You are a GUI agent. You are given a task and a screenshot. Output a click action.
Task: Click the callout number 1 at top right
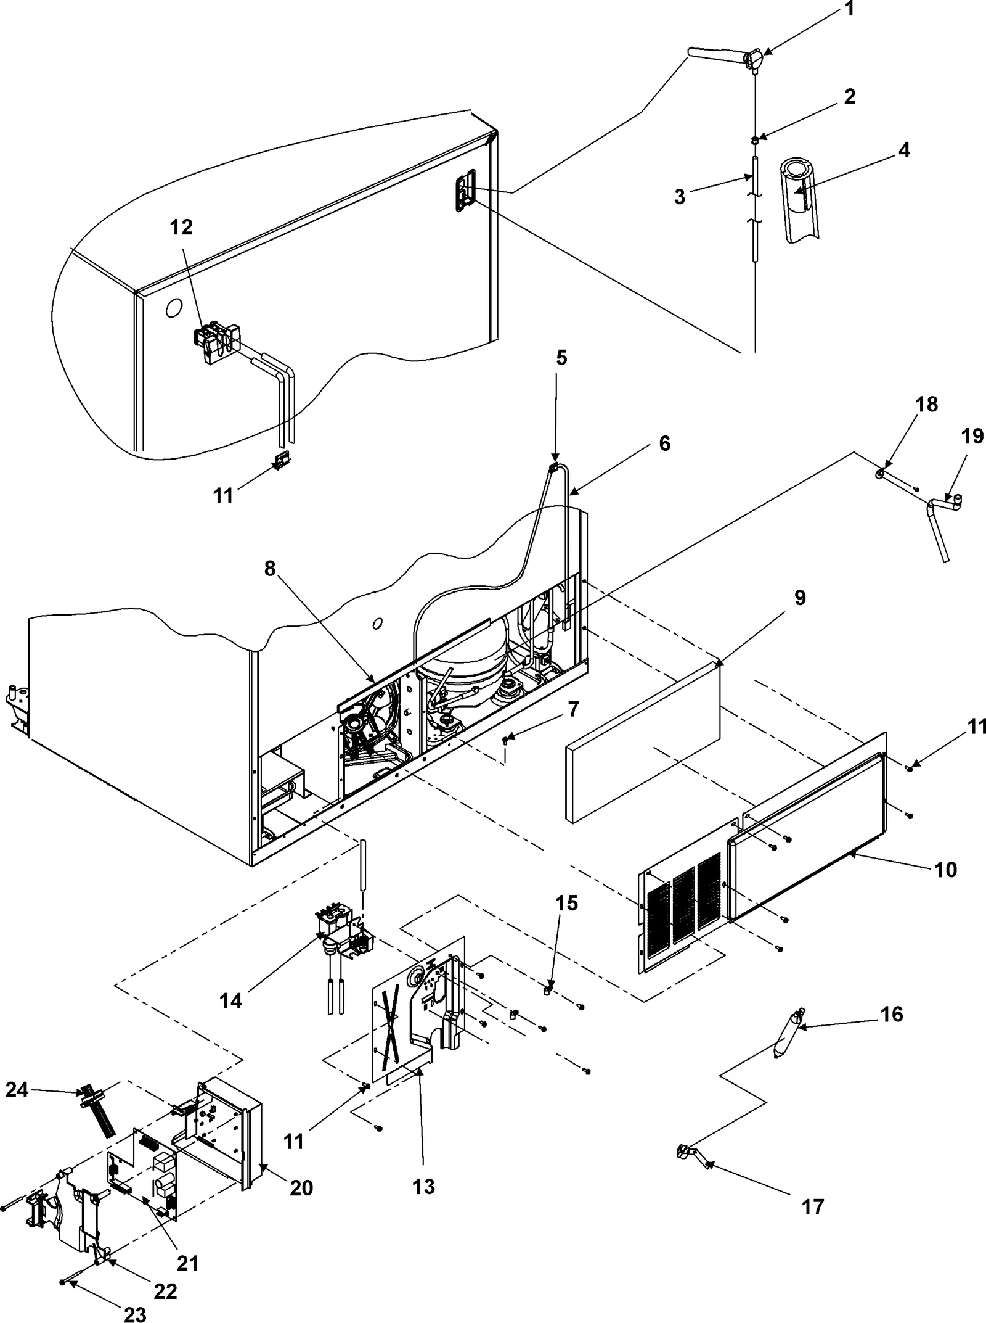coord(849,10)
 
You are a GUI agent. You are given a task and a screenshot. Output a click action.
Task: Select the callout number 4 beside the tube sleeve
coord(903,150)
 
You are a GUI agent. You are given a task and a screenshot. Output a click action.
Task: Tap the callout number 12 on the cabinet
coord(181,228)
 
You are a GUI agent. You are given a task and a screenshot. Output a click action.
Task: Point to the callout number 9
coord(799,598)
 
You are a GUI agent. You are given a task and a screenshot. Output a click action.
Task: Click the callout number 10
coord(946,870)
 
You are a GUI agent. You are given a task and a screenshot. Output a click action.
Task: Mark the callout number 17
coord(813,1207)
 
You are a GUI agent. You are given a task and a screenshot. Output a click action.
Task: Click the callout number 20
coord(301,1187)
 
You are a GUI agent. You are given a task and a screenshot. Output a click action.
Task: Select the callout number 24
coord(17,1090)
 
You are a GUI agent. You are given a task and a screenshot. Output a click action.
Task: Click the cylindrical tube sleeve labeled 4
coord(799,191)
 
